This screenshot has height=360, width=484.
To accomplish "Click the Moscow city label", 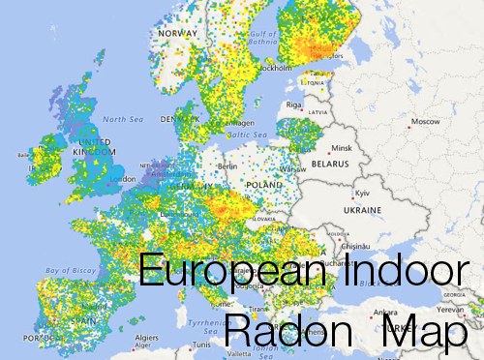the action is coord(424,121).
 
